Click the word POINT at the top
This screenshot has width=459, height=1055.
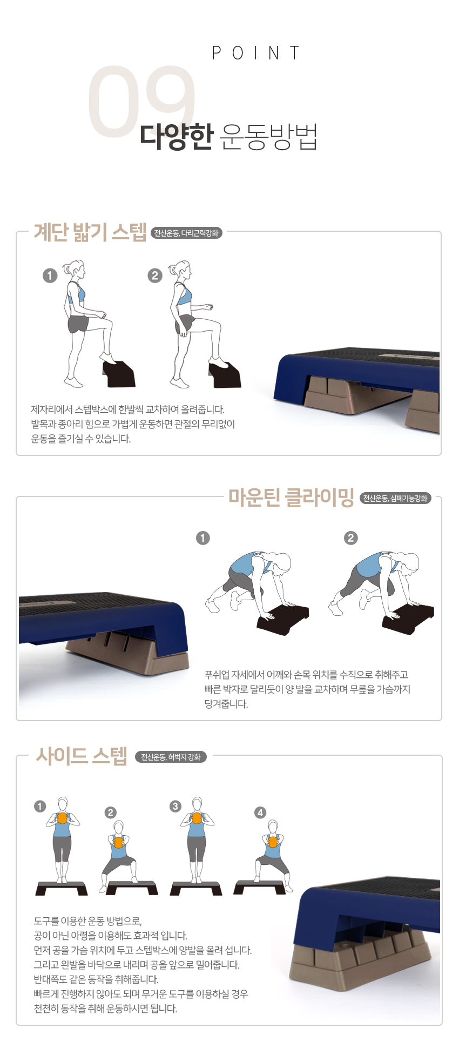tap(255, 53)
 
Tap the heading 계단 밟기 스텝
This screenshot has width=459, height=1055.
tap(90, 232)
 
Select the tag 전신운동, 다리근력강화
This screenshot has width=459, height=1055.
tap(186, 233)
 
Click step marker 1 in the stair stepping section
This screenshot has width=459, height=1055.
tap(50, 275)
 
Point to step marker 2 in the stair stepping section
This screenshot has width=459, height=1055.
tap(155, 275)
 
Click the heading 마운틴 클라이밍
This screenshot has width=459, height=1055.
tap(291, 497)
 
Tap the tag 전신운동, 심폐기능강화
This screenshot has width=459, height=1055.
tap(395, 498)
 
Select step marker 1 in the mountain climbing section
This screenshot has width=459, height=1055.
tap(203, 538)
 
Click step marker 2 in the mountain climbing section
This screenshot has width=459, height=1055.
tap(351, 538)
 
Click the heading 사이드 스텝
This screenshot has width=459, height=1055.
tap(82, 756)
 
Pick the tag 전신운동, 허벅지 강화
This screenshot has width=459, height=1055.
tap(171, 757)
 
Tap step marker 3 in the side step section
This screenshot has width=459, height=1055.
tap(175, 807)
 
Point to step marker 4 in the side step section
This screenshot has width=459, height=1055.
tap(260, 812)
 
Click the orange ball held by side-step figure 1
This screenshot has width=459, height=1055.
tap(63, 818)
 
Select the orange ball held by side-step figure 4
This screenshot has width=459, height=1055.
tap(272, 842)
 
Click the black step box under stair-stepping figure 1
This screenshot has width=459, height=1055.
tap(118, 374)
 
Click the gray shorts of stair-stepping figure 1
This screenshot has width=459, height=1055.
tap(78, 324)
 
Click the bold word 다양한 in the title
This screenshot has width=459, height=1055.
tap(177, 137)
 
